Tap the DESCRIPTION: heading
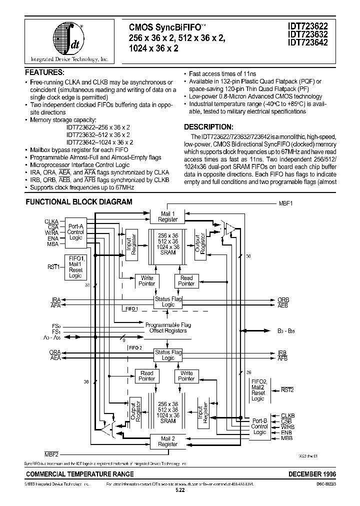[208, 126]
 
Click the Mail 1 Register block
[168, 216]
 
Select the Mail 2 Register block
[168, 440]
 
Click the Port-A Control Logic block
[75, 231]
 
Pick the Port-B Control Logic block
[259, 426]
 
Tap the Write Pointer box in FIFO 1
[147, 280]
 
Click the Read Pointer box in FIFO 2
[147, 375]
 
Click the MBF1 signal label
[285, 204]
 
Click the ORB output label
[283, 299]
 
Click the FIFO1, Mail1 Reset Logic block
[75, 266]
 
